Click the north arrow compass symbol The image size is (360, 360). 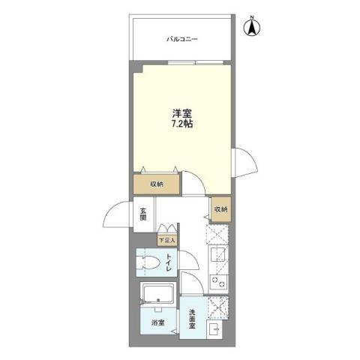(253, 27)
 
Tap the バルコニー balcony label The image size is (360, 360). (182, 39)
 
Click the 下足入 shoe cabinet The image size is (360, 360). (166, 241)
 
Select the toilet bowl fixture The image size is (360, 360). (149, 264)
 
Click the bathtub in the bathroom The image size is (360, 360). (157, 294)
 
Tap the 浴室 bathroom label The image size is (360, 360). (157, 323)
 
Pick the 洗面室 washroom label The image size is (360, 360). (192, 319)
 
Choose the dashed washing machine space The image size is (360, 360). (219, 307)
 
